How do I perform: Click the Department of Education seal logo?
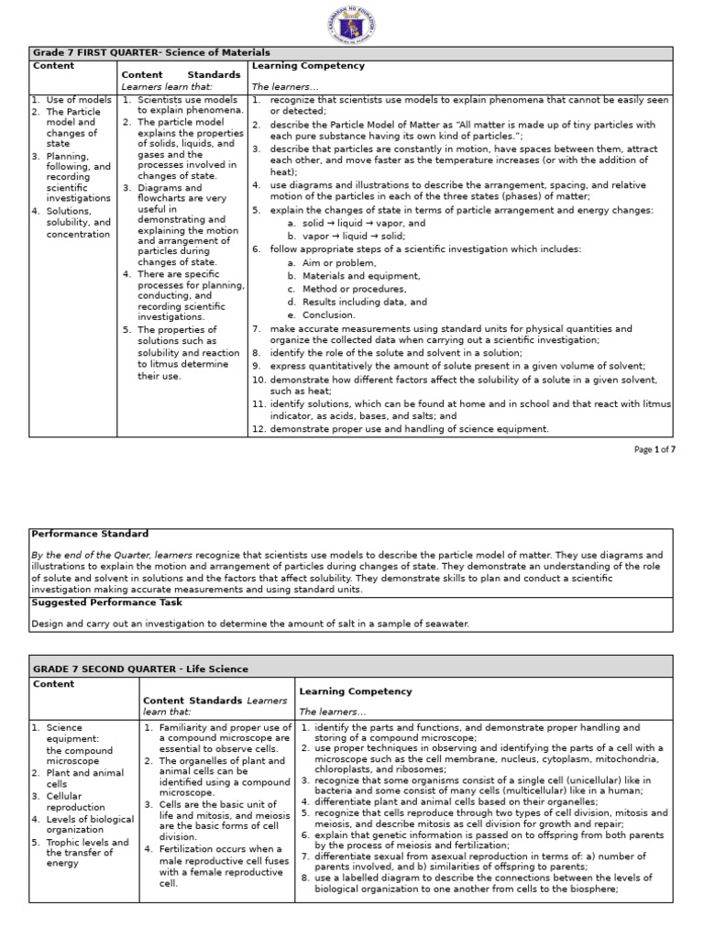[352, 24]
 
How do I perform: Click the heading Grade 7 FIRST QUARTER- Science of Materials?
[151, 53]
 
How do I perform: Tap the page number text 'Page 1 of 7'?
[654, 449]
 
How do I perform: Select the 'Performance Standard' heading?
[90, 534]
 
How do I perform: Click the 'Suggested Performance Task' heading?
[106, 602]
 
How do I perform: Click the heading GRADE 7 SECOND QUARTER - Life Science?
[140, 668]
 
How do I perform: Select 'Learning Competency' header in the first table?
[295, 66]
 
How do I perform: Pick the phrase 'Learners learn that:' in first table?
[167, 87]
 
